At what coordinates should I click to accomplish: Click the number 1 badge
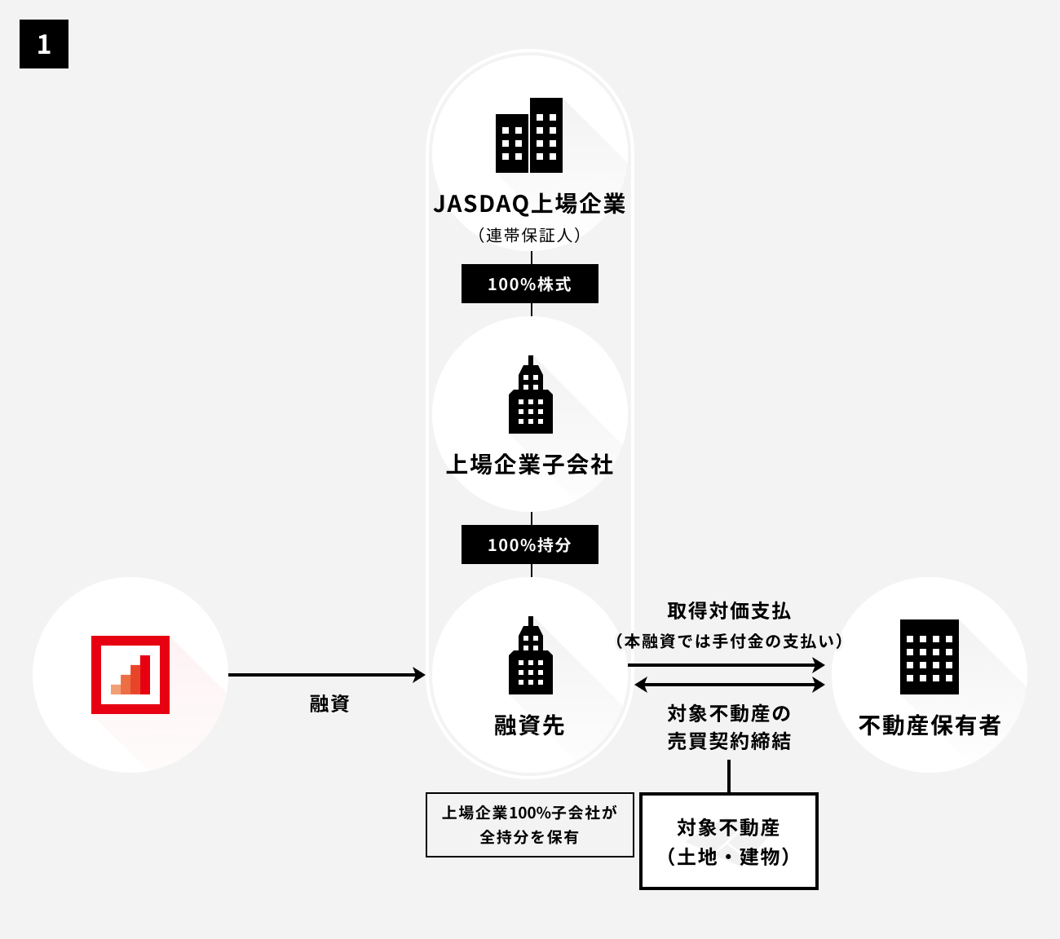point(44,44)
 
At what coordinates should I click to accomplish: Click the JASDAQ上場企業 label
point(529,204)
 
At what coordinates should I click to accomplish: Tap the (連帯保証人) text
point(529,236)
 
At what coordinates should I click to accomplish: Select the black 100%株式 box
point(529,284)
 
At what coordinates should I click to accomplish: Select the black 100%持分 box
point(529,544)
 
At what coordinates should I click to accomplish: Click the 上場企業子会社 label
point(529,465)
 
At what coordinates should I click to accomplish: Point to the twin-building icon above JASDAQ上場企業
point(529,135)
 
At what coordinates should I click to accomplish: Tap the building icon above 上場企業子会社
point(530,395)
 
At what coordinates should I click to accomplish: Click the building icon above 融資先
point(530,655)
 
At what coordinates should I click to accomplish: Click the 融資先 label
point(529,725)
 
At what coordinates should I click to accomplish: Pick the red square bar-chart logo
point(130,675)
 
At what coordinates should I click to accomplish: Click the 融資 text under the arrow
point(329,703)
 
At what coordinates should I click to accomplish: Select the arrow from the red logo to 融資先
point(326,675)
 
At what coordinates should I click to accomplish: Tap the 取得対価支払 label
point(729,611)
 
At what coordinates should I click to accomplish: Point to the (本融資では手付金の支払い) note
point(729,641)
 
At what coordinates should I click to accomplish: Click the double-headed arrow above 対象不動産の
point(729,685)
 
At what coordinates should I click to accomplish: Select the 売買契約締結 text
point(729,742)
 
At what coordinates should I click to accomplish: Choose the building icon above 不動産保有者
point(930,657)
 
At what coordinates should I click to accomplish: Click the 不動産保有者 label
point(930,725)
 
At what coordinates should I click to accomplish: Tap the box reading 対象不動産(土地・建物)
point(729,841)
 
